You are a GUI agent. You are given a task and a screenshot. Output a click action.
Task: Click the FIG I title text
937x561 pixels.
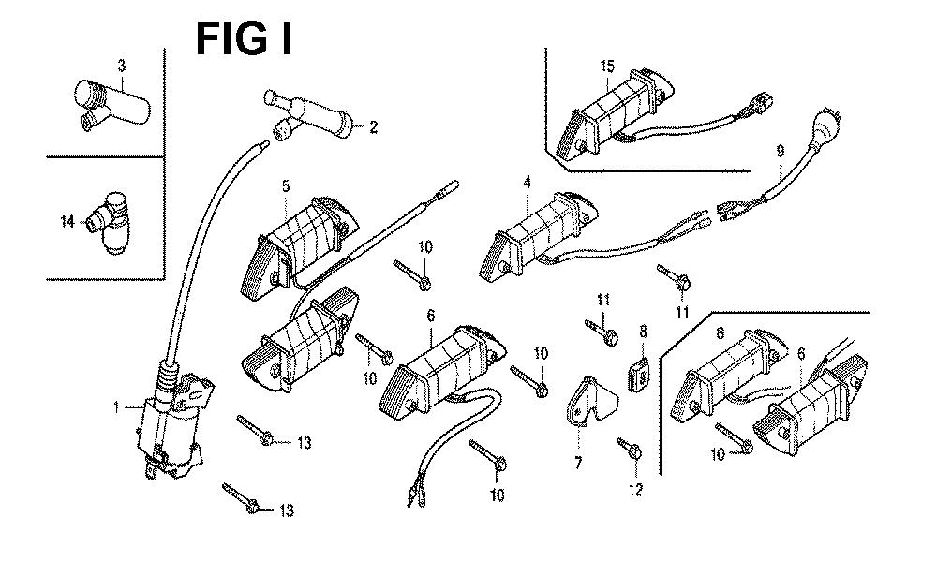tap(245, 38)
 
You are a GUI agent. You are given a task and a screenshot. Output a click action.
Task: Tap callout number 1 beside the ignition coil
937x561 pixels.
tap(117, 408)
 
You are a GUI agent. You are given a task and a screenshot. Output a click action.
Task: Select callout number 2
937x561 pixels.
tap(374, 127)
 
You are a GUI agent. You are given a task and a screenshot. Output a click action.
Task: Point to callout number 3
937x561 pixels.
tap(122, 66)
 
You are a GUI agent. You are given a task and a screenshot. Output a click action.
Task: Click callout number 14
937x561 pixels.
tap(67, 222)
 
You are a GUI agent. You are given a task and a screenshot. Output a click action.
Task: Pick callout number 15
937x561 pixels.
tap(607, 66)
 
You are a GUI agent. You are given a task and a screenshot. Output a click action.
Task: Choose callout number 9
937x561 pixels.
tap(781, 152)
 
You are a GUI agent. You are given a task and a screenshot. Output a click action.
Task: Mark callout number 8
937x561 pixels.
tap(643, 332)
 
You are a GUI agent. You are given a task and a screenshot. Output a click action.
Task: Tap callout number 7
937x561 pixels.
tap(578, 463)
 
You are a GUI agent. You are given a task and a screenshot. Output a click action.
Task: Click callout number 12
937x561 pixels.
tap(636, 490)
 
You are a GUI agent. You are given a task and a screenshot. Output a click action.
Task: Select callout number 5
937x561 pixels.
tap(286, 186)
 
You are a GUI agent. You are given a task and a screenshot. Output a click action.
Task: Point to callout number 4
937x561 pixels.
tap(527, 183)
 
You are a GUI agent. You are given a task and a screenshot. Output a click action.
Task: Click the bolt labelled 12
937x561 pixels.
tap(630, 449)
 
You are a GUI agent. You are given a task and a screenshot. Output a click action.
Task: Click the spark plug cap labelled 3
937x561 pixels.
tap(112, 104)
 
